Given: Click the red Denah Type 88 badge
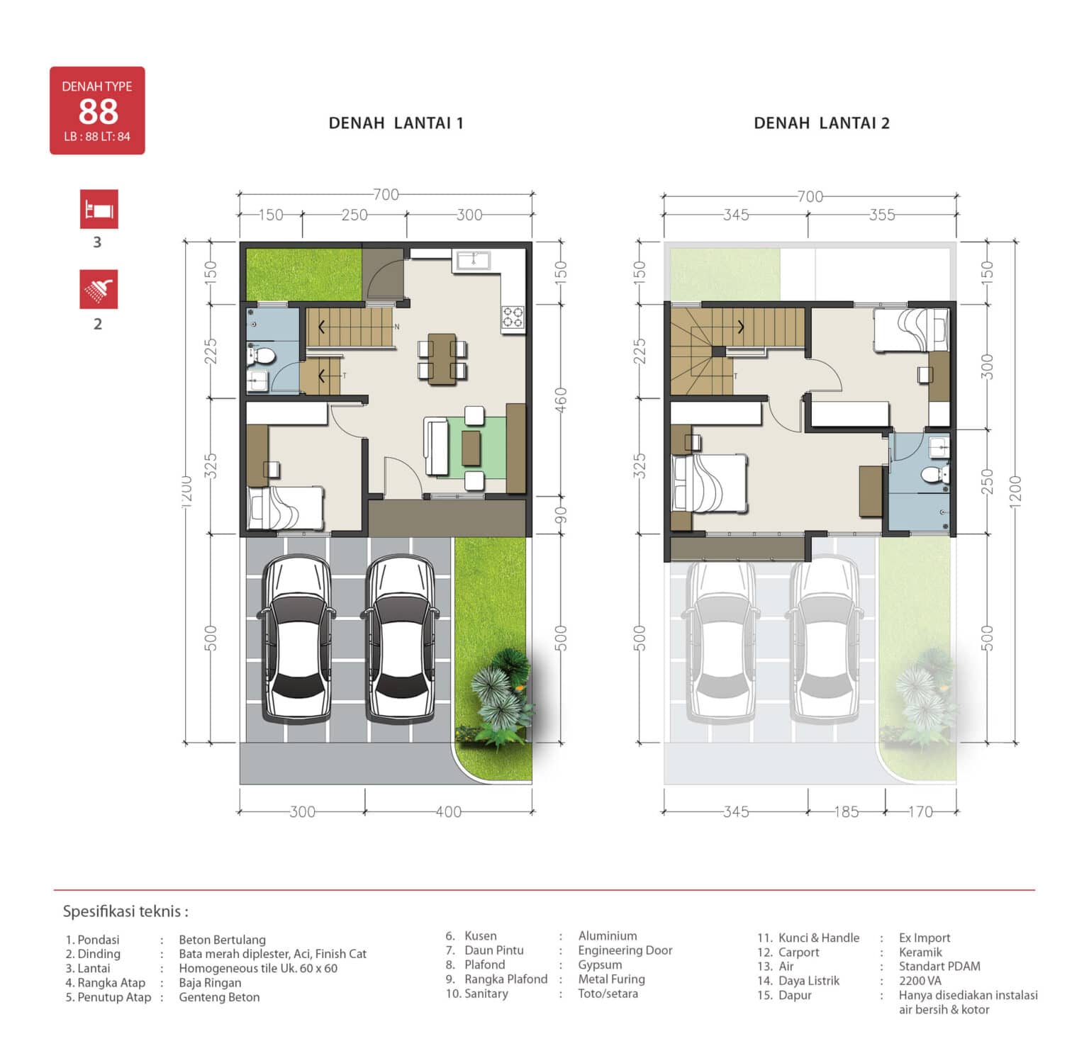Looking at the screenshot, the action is point(97,111).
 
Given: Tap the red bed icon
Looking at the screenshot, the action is point(99,209).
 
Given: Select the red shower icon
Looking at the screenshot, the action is point(99,289).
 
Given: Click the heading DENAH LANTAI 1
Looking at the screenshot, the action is point(396,123).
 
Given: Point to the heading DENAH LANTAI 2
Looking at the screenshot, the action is point(822,123).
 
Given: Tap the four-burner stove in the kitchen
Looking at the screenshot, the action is point(513,316).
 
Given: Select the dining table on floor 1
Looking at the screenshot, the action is point(442,359).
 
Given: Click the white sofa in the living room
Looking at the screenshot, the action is point(435,446).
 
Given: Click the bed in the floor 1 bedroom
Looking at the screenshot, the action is point(285,507).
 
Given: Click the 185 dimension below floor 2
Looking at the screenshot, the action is point(846,811).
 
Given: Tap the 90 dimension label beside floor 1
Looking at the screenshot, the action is point(560,514).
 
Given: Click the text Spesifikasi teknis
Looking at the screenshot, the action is point(125,911).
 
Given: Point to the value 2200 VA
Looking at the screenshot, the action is point(920,981).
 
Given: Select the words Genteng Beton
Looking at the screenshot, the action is point(219,997).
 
